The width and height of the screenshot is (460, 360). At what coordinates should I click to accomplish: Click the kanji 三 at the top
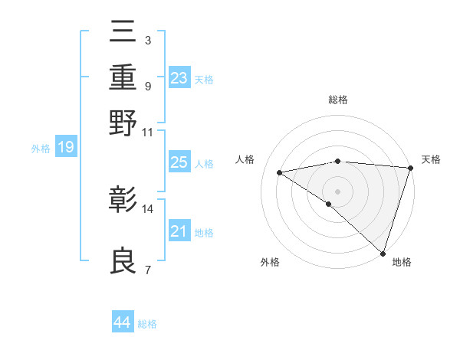point(123,34)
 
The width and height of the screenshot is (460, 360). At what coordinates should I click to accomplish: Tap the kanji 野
point(123,123)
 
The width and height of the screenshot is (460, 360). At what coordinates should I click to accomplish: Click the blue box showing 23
point(179,77)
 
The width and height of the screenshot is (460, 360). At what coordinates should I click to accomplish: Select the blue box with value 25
point(179,162)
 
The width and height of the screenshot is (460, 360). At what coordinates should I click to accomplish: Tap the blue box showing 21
point(179,231)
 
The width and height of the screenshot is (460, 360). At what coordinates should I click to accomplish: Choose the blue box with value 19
point(66,147)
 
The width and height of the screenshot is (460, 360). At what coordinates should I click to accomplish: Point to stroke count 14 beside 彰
point(148,208)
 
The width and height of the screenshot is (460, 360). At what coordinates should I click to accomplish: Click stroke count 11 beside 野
point(148,132)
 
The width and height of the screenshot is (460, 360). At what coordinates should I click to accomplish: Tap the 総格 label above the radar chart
point(338,100)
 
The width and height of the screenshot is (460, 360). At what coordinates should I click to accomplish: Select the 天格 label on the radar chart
point(431,159)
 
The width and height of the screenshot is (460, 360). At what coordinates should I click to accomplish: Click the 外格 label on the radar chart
point(270,262)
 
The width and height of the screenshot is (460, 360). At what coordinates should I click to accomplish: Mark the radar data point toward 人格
point(280,172)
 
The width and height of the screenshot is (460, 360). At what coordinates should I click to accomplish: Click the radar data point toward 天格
point(410,168)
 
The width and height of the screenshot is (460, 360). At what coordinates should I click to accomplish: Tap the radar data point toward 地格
point(383,253)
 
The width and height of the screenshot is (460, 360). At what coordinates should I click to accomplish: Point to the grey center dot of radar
point(338,191)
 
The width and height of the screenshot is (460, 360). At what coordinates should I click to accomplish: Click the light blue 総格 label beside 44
point(147,324)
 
